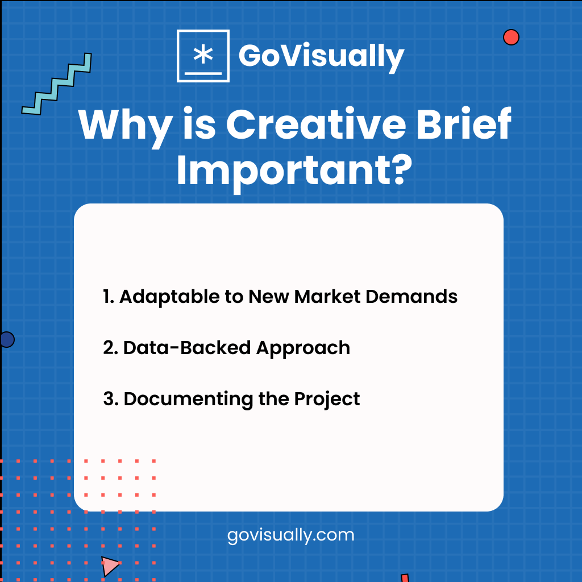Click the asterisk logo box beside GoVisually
click(x=203, y=56)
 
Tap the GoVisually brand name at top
click(x=321, y=56)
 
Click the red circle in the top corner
click(x=511, y=38)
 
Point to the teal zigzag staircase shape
click(x=57, y=84)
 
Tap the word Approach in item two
click(x=303, y=348)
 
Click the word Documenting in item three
click(x=188, y=400)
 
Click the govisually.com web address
click(x=290, y=535)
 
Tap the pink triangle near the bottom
click(x=110, y=566)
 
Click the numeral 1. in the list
click(x=109, y=297)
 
